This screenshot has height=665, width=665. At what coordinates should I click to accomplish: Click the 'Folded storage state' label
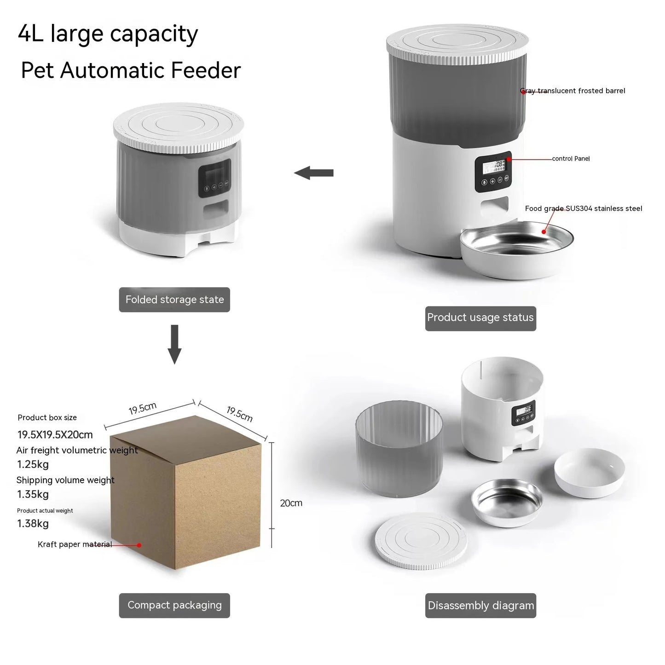click(174, 300)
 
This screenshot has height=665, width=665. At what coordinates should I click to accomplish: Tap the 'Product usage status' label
click(480, 318)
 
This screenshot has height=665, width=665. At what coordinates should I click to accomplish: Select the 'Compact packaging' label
click(174, 605)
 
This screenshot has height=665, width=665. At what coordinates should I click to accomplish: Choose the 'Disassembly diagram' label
click(481, 606)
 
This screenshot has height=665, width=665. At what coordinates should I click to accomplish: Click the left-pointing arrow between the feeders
click(314, 173)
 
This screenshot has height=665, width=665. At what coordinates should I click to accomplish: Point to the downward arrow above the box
click(174, 344)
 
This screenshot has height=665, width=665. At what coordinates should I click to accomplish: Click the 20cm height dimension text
click(291, 503)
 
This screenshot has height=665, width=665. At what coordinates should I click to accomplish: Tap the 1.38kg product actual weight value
click(33, 524)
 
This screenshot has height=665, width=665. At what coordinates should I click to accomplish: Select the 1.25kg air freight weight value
click(33, 464)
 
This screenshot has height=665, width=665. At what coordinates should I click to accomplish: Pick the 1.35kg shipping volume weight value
click(33, 494)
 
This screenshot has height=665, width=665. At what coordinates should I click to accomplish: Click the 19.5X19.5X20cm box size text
click(55, 435)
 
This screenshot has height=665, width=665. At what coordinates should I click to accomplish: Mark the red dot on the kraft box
click(139, 545)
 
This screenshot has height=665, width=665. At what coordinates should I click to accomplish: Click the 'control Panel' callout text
click(571, 159)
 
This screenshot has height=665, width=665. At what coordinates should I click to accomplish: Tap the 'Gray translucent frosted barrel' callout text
click(573, 91)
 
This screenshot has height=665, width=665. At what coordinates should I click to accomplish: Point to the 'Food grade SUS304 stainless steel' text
click(584, 209)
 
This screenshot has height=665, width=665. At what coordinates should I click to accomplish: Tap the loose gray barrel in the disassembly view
click(399, 448)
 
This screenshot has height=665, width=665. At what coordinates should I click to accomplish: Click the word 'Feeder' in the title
click(206, 70)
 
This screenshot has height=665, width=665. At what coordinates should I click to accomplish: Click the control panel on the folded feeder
click(214, 178)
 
